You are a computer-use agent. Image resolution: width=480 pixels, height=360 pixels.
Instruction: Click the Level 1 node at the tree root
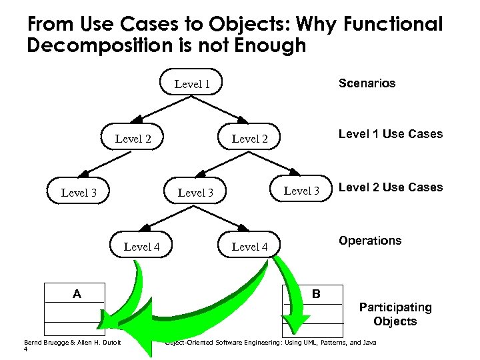193,83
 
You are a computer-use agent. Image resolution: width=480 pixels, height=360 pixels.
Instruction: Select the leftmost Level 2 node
133,139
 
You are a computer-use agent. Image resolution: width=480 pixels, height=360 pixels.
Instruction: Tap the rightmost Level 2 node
249,139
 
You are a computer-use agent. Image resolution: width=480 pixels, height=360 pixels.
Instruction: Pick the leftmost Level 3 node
79,193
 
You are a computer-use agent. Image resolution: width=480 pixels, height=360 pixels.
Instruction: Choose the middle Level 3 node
195,193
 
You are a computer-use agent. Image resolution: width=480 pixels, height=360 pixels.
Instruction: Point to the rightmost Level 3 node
302,191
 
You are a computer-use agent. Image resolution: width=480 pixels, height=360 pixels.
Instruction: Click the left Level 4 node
141,247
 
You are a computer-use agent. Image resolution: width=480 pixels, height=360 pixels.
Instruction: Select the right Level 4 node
249,247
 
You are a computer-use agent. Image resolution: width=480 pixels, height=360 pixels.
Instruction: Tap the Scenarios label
367,83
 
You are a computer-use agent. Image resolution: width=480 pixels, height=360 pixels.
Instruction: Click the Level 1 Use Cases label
390,134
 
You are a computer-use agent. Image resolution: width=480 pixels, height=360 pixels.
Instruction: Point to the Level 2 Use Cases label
390,187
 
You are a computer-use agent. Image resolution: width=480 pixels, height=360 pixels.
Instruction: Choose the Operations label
370,241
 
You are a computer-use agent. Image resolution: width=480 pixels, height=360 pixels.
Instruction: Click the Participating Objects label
395,315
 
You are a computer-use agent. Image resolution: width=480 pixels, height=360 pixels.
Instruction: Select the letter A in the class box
77,293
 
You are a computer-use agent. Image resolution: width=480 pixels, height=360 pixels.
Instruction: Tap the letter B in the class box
316,293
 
